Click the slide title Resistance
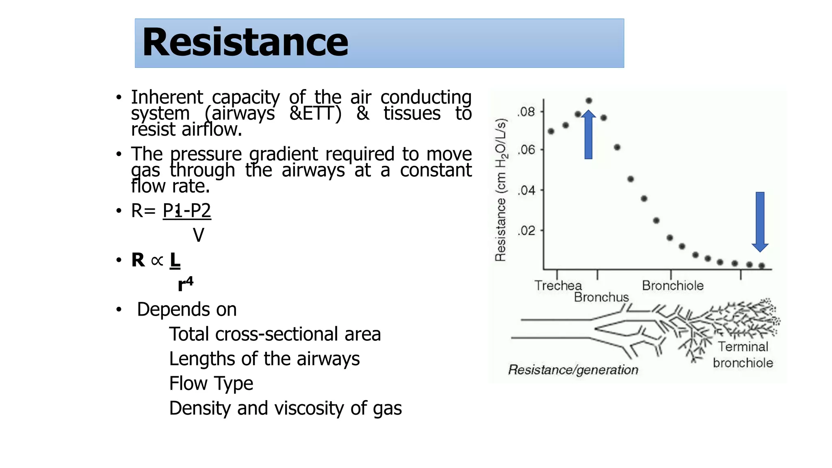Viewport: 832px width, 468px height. [245, 43]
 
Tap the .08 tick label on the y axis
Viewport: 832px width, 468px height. [526, 112]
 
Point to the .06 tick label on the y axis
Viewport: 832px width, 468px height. [526, 150]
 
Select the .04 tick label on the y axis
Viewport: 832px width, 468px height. [526, 190]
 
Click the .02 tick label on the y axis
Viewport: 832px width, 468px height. [526, 231]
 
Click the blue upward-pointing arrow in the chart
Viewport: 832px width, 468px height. [588, 135]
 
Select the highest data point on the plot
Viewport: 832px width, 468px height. [589, 100]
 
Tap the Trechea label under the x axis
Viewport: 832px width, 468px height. [558, 286]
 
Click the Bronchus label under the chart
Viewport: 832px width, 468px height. [601, 297]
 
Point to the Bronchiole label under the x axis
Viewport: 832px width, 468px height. [672, 286]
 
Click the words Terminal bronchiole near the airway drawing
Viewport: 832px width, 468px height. [743, 355]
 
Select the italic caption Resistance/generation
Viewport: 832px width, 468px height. [573, 370]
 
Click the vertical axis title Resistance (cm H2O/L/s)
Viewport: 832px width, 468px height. [501, 190]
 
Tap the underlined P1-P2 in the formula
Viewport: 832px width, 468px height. [187, 210]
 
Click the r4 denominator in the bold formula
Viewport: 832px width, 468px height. [185, 283]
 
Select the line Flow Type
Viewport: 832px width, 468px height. [211, 383]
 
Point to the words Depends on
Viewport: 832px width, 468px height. [186, 309]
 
